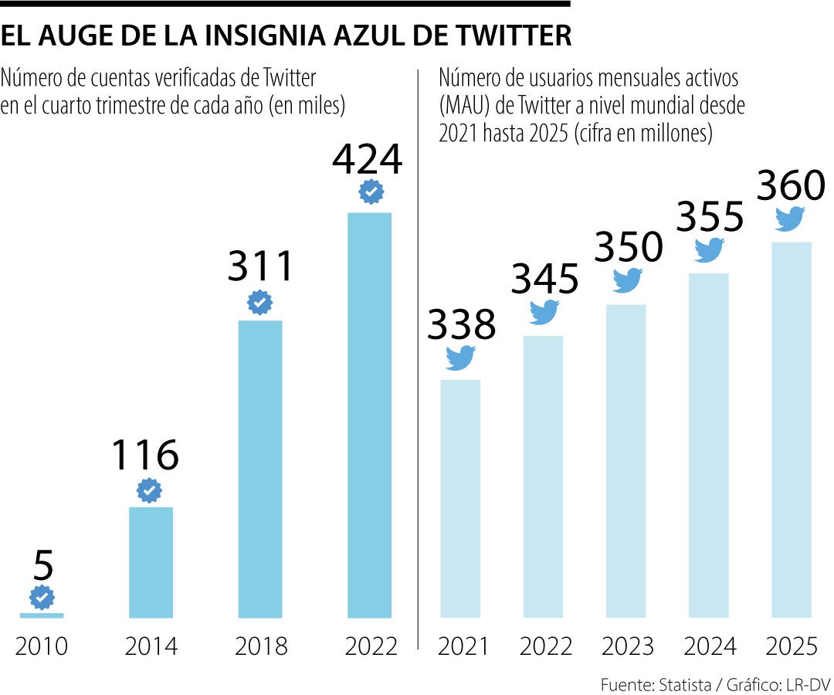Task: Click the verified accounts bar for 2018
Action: (x=260, y=469)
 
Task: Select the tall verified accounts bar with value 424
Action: (x=370, y=415)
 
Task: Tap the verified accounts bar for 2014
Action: (x=151, y=562)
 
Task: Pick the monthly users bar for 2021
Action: (x=460, y=498)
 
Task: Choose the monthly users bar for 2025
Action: (x=792, y=429)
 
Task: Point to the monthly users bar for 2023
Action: (x=626, y=461)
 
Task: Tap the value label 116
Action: (x=145, y=455)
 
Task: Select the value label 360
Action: (x=791, y=186)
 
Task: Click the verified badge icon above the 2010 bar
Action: (x=42, y=597)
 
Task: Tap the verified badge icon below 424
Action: (x=371, y=191)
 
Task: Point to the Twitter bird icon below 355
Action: (x=709, y=249)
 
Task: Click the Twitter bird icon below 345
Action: (x=544, y=311)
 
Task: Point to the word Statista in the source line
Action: (x=683, y=685)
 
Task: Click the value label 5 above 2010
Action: (x=43, y=565)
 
